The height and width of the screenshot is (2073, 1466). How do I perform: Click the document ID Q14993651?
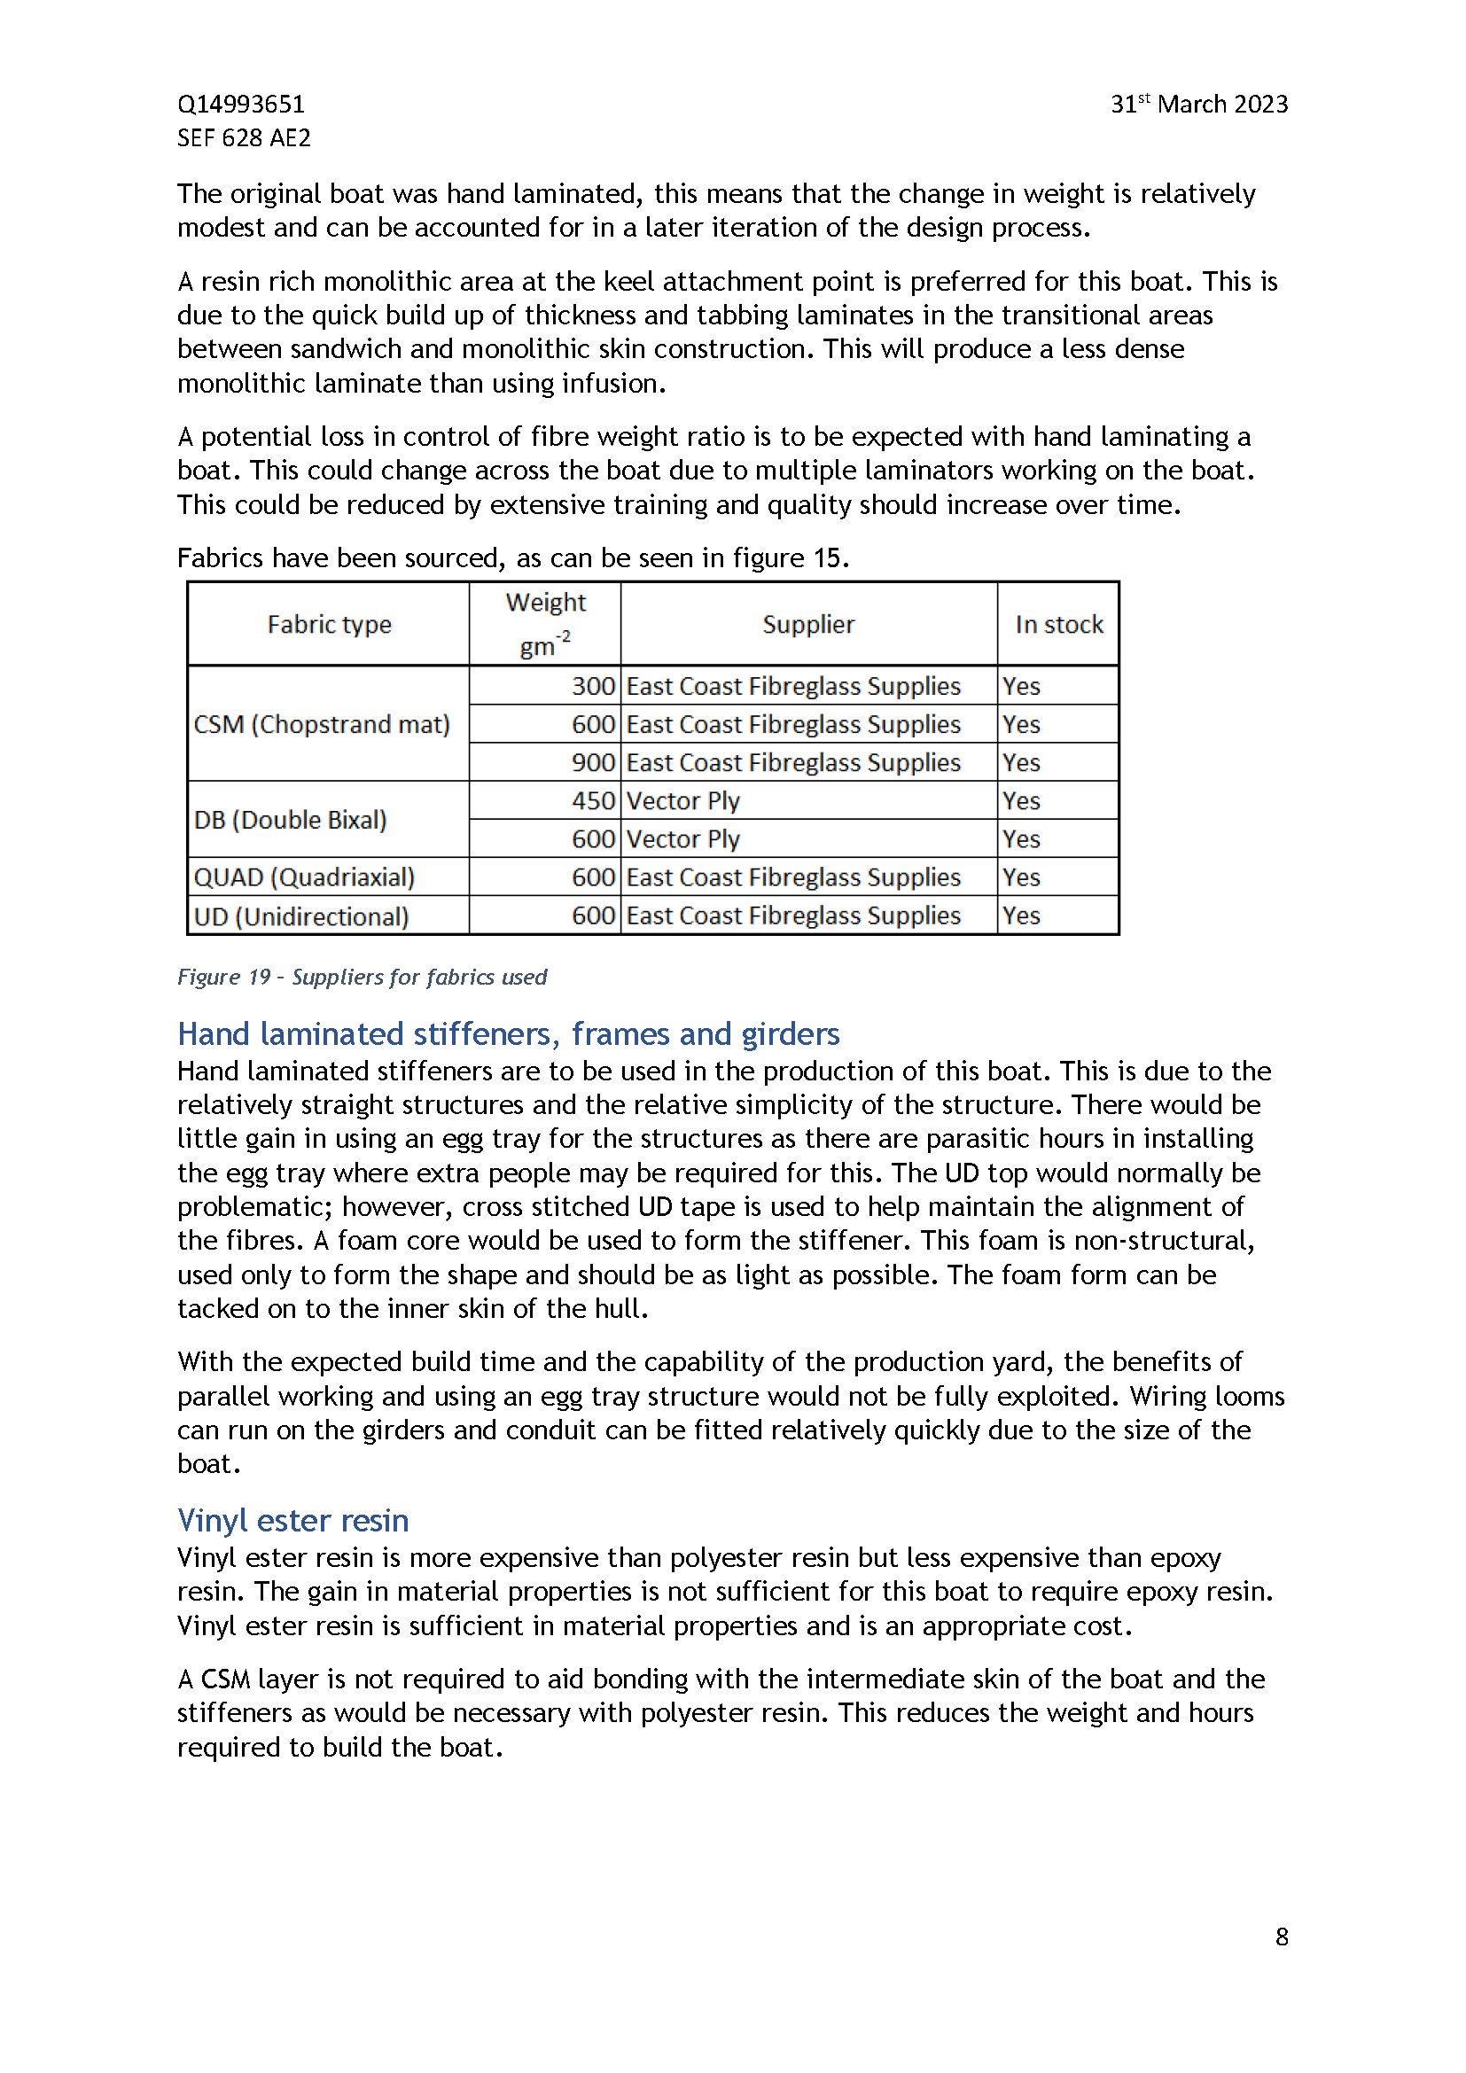click(241, 105)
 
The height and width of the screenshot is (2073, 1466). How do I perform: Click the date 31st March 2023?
click(1198, 105)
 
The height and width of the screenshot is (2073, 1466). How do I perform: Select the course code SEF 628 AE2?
click(244, 138)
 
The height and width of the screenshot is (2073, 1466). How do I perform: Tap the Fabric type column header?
click(329, 625)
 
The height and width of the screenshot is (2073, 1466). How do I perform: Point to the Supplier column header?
click(808, 625)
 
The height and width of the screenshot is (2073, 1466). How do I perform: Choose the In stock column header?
click(1058, 625)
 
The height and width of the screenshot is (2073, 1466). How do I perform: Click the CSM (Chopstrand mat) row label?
click(322, 725)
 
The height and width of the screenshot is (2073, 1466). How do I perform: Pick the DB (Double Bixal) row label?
click(291, 820)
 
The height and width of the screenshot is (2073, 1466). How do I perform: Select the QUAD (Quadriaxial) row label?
click(304, 877)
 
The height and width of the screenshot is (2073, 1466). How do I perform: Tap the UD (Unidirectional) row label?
click(301, 916)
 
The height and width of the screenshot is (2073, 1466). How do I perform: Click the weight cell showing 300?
click(593, 687)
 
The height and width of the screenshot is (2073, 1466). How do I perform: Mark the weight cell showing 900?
click(593, 763)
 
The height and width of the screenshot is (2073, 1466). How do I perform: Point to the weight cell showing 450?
click(593, 802)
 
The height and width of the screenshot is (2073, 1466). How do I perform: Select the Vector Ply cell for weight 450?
click(683, 802)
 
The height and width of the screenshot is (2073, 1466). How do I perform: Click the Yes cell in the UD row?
click(1021, 916)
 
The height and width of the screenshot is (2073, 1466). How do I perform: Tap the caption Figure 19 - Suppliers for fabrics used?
click(362, 977)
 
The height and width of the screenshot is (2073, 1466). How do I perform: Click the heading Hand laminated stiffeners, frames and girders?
click(508, 1033)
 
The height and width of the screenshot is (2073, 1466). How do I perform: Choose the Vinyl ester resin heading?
click(293, 1521)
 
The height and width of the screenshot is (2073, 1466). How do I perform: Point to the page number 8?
click(1281, 1937)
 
